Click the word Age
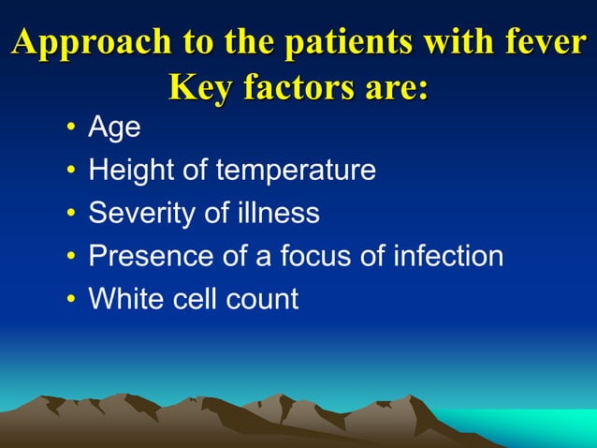click(x=114, y=127)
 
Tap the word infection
click(x=453, y=257)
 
